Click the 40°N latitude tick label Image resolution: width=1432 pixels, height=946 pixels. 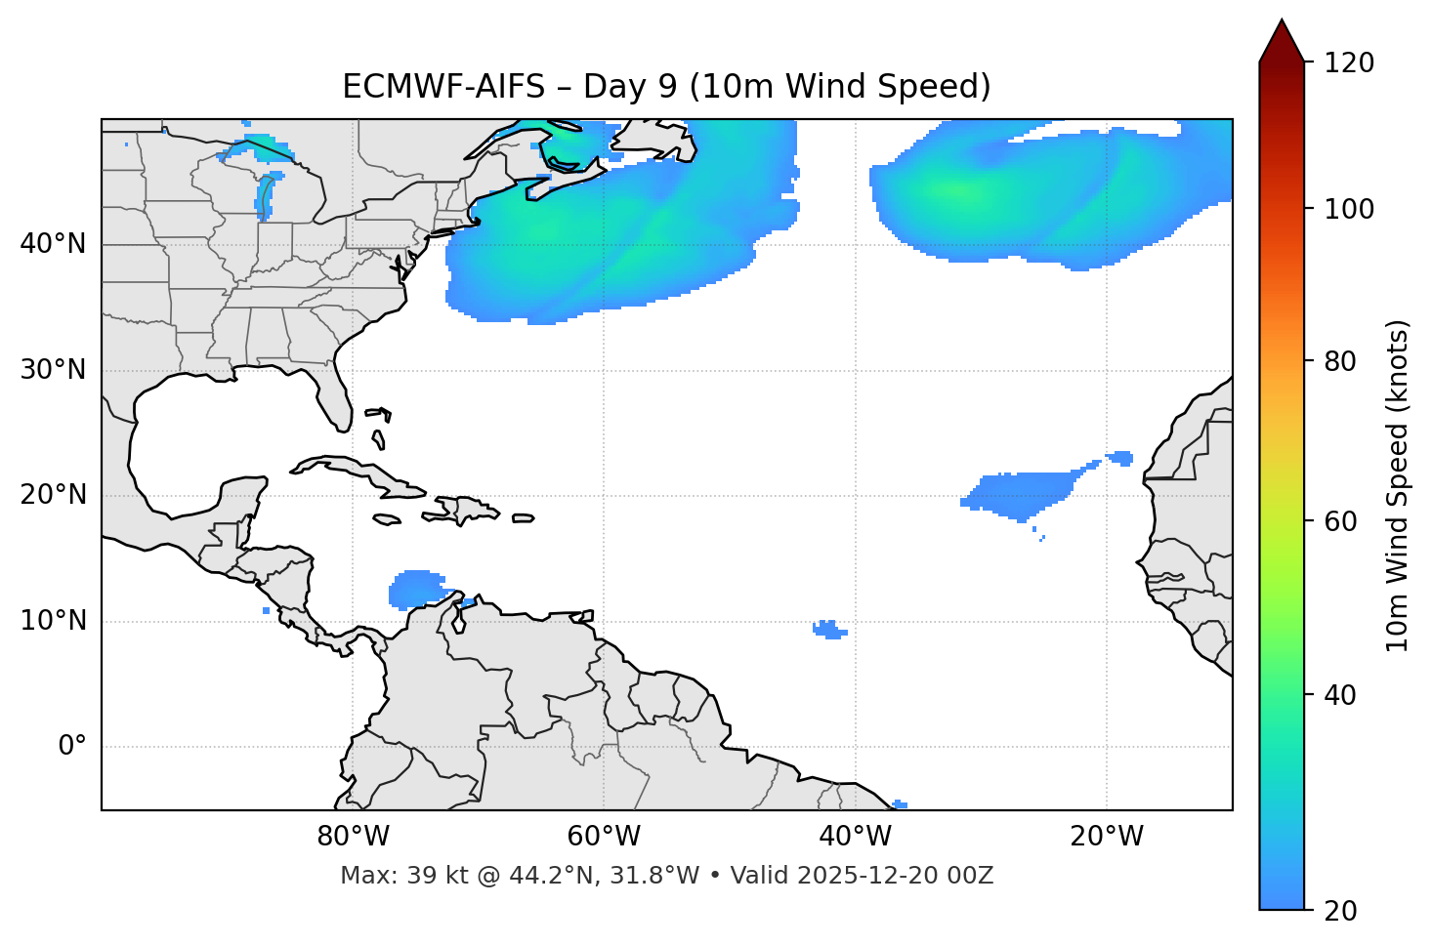(53, 244)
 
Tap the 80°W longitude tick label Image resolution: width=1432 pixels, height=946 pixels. (353, 837)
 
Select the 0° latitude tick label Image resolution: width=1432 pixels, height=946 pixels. (72, 747)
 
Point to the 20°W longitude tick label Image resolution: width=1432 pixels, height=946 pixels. (1107, 837)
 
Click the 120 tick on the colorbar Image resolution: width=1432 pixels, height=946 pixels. (1349, 63)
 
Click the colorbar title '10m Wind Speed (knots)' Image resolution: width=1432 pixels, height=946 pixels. (1398, 485)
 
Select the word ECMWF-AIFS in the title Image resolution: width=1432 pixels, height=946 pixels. (443, 87)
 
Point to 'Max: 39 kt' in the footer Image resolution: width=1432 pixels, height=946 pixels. (382, 876)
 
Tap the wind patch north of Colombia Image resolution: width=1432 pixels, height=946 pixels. (418, 589)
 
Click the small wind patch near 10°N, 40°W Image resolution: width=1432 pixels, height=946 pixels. (829, 630)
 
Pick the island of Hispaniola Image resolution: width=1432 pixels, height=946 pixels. (468, 510)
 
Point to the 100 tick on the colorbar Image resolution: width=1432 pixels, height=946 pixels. (1349, 210)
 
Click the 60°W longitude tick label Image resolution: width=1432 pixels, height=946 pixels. (604, 837)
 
